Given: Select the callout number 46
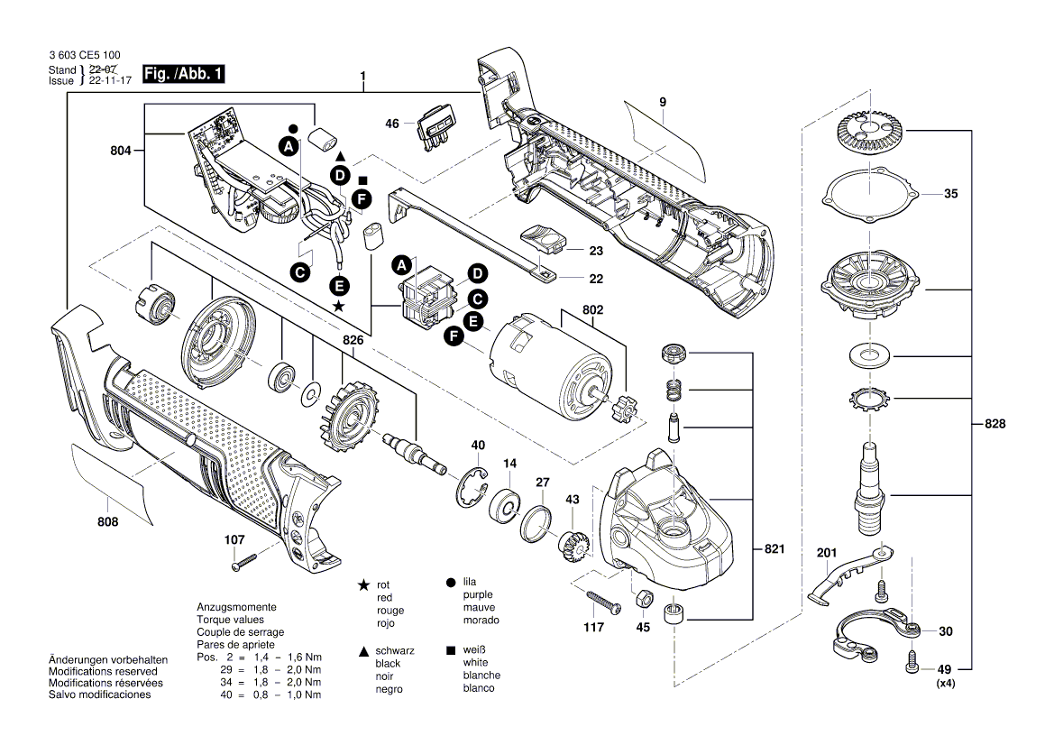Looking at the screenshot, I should point(392,123).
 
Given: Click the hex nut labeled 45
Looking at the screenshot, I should point(645,599).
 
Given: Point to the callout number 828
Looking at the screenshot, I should point(994,424).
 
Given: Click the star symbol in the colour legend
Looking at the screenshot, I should point(363,585).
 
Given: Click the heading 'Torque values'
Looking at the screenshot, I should point(230,620).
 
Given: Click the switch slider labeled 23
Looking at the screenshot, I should point(545,240).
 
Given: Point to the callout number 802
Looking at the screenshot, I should point(592,309).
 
